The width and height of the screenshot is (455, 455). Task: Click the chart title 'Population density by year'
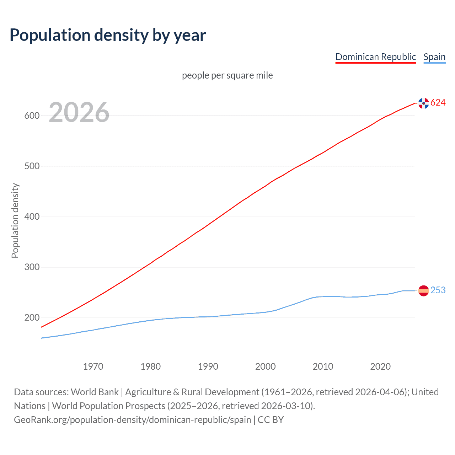coord(108,35)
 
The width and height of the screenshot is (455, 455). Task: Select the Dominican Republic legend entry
coord(375,57)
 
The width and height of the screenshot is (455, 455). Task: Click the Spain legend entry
coord(434,57)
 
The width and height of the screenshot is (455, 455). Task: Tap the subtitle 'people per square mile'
coord(227,75)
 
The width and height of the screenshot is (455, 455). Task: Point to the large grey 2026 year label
coord(79,112)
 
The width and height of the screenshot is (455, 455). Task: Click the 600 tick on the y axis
coord(32,116)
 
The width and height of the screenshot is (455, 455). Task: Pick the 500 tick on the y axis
coord(32,166)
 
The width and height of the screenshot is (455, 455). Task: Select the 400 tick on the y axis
coord(32,217)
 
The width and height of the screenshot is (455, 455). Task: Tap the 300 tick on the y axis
coord(32,267)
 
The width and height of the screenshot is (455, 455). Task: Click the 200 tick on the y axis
coord(32,318)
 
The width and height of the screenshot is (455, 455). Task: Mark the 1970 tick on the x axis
coord(93,366)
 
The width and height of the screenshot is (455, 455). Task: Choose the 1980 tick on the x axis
coord(151,366)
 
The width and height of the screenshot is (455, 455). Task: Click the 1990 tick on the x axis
coord(208,366)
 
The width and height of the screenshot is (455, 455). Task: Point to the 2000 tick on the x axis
coord(266,366)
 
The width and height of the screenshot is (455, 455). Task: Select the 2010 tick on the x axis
coord(323,366)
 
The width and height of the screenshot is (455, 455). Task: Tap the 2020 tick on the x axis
coord(380,366)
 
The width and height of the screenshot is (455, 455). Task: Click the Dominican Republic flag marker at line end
coord(423,103)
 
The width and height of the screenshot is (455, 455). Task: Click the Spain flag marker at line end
coord(423,291)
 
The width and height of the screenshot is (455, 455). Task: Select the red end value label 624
coord(438,103)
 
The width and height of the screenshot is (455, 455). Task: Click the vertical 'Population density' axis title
coord(15,220)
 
